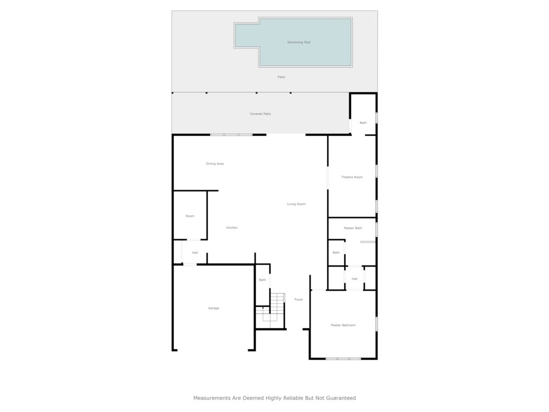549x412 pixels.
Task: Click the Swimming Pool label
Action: pos(299,42)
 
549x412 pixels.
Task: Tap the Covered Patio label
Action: pos(260,114)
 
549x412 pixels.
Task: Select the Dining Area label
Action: pos(214,164)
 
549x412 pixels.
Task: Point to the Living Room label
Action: pos(296,204)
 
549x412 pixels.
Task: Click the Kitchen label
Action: pos(232,227)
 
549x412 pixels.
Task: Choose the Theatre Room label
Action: pos(352,177)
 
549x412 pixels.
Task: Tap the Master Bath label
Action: pos(353,228)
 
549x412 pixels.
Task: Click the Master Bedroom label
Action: pos(343,325)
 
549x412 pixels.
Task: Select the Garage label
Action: pos(213,308)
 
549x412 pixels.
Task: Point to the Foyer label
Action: pos(299,299)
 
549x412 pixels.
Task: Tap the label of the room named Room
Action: pos(190,216)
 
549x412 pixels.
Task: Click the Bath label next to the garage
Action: pos(263,280)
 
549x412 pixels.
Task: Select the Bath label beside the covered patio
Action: pos(363,123)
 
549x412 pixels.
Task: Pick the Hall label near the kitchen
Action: pos(195,253)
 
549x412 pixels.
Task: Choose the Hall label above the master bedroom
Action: pos(354,279)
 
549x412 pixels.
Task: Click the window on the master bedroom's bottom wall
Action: pos(343,359)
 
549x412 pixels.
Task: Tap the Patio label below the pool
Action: pos(281,77)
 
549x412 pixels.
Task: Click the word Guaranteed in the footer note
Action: pos(341,398)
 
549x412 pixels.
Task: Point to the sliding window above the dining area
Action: pos(232,135)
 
